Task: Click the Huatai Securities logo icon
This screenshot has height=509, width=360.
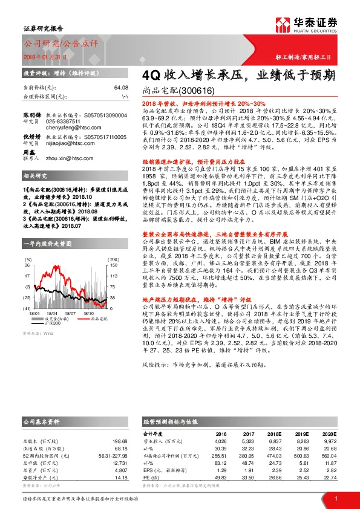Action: point(281,25)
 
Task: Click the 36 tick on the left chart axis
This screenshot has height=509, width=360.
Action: point(28,247)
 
